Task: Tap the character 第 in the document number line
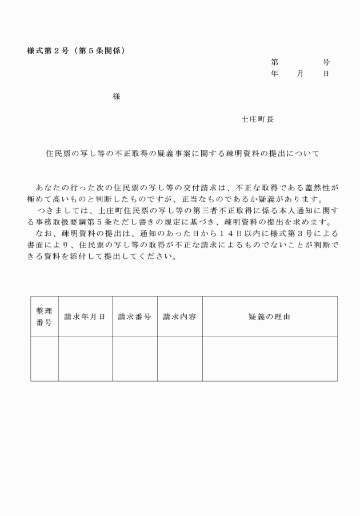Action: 275,62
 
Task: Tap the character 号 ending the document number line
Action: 326,62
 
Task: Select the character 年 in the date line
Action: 275,74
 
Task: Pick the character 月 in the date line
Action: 300,74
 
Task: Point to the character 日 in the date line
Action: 326,74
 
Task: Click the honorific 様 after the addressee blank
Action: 117,97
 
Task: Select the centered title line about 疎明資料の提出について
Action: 182,153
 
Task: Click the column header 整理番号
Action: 44,317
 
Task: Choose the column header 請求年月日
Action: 85,317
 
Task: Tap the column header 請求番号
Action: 134,317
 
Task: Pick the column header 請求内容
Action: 179,317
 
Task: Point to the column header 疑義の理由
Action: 269,317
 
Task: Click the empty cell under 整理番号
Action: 44,359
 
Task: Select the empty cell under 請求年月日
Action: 85,359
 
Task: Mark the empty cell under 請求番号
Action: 134,359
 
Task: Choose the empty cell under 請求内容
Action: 179,359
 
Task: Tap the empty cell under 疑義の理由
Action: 269,359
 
